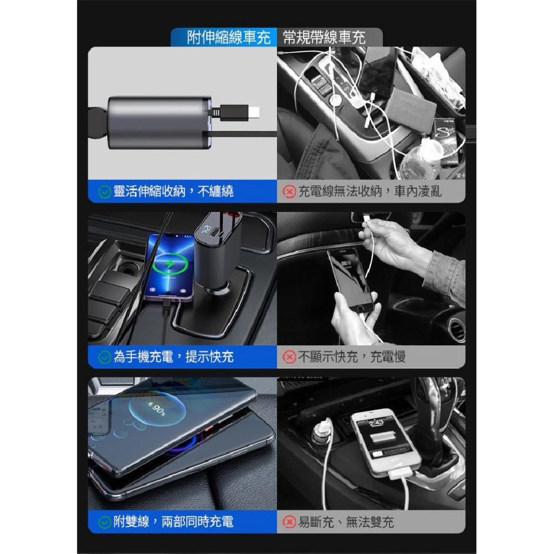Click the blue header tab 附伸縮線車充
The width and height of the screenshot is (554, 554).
click(229, 37)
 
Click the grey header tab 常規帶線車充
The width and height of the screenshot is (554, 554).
click(324, 37)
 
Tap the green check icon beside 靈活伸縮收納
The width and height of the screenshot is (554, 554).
click(104, 192)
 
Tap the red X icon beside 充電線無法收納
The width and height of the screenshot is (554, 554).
click(289, 192)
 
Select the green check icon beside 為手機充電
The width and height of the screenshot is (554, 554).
click(104, 357)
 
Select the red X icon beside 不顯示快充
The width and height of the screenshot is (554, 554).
click(289, 357)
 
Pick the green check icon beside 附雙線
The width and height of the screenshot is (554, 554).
click(104, 522)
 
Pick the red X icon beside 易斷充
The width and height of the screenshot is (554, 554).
click(289, 522)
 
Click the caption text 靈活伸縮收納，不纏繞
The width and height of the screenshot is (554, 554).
click(173, 192)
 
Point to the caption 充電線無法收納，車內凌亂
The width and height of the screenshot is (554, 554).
click(370, 192)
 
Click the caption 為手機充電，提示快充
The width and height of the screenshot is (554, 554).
click(173, 357)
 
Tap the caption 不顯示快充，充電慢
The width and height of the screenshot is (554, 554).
click(352, 357)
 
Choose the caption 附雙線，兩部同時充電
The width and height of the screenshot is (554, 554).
click(173, 522)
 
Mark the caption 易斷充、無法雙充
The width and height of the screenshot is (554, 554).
click(346, 522)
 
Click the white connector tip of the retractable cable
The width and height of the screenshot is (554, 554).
click(254, 113)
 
